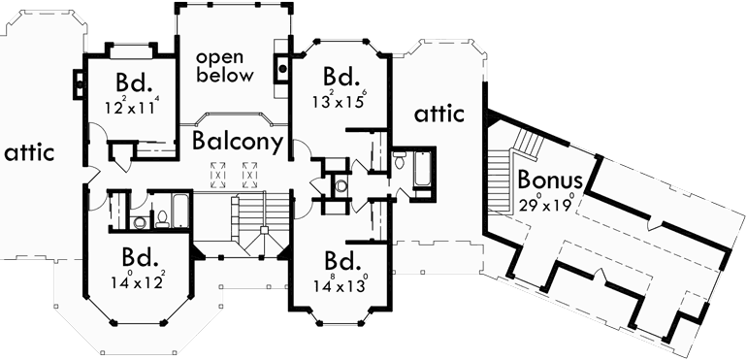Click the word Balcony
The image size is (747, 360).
(x=237, y=142)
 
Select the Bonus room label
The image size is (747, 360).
(x=550, y=180)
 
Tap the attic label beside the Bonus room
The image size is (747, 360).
(x=439, y=115)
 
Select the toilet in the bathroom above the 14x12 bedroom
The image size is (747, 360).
(x=142, y=221)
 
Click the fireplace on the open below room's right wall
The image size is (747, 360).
(x=282, y=68)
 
